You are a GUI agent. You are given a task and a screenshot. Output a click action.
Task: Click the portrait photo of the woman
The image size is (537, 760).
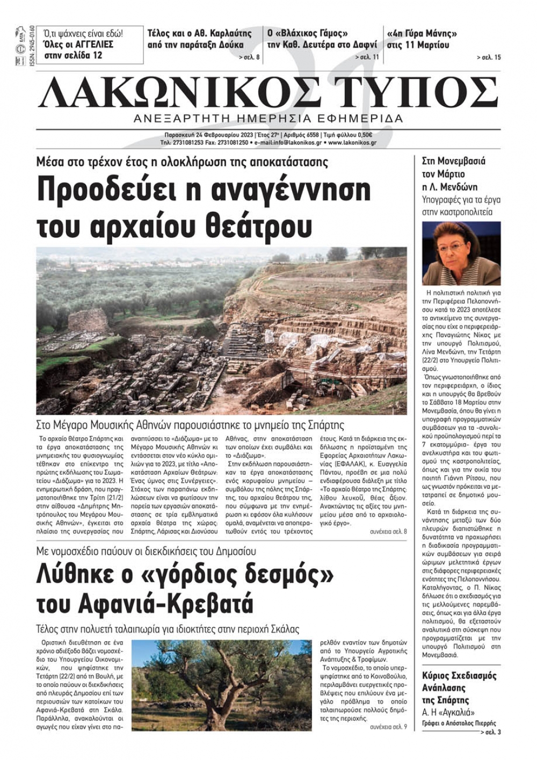point(461,253)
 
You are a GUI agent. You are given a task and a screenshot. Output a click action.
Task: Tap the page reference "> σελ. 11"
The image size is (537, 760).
point(367,57)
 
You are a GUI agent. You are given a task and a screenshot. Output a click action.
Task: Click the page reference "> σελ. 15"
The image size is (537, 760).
point(488,57)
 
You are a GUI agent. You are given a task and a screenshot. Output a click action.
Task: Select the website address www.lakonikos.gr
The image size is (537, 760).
point(352,143)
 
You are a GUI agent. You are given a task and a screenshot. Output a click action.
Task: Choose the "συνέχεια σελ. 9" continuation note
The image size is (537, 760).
point(388,727)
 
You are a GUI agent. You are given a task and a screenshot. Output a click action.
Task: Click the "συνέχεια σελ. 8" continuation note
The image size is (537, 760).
point(388,531)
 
